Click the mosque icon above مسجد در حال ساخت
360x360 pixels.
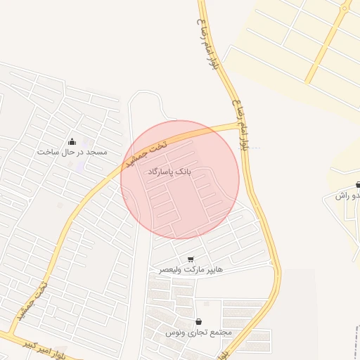72,141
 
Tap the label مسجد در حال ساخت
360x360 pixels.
72,152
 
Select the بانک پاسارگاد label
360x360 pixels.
169,171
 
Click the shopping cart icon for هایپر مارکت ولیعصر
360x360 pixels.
191,259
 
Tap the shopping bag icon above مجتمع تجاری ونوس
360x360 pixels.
198,321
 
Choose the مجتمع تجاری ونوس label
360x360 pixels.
199,332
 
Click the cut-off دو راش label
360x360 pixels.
350,195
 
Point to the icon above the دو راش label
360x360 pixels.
358,184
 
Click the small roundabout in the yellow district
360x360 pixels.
345,8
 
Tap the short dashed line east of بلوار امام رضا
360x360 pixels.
255,148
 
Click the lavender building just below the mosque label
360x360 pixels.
79,166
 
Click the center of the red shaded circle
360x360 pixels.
180,179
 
